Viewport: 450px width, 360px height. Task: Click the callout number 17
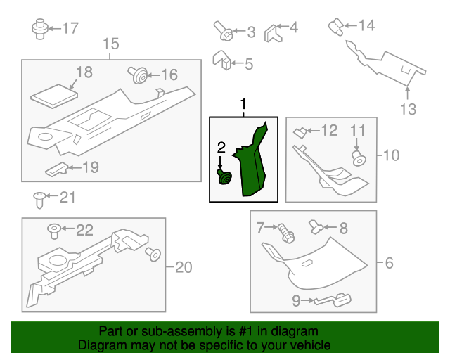click(71, 29)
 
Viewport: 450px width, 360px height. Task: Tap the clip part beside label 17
click(39, 29)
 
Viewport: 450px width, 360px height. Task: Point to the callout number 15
click(111, 45)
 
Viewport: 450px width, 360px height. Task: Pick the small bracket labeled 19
click(57, 169)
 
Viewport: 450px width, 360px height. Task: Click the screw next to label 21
click(39, 199)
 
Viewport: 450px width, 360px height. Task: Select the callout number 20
click(183, 267)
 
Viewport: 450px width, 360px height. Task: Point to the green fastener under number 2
click(224, 176)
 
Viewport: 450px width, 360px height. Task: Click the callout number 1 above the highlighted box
click(244, 105)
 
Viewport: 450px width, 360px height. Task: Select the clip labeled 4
click(272, 31)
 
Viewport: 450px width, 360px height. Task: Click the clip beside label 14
click(336, 27)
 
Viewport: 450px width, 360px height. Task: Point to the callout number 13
click(408, 109)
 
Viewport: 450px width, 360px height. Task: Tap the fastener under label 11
click(359, 158)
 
